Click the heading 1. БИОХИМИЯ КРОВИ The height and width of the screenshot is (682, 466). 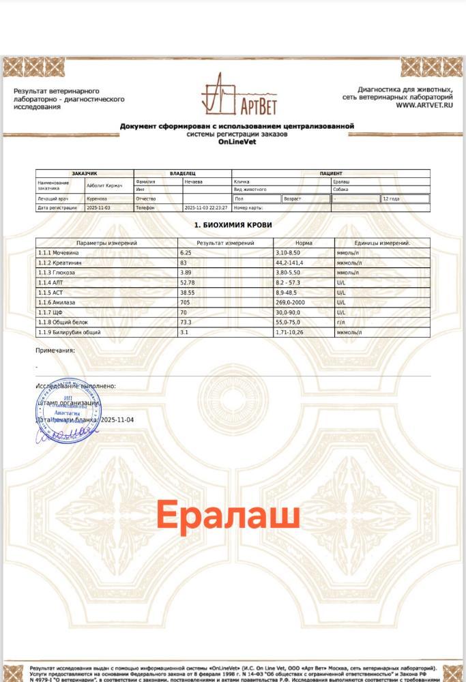[x=233, y=224]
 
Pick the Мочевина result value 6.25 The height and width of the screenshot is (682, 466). [x=186, y=252]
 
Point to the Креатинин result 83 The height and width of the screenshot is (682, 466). [x=184, y=263]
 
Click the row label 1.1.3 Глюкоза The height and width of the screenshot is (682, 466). [x=58, y=272]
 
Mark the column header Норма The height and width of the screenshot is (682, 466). [x=304, y=243]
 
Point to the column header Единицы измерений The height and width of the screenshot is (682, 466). [x=382, y=243]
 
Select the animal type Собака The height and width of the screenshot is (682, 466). [x=341, y=190]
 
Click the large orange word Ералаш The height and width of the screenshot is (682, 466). [x=229, y=516]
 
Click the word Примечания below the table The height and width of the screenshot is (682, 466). [x=55, y=351]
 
